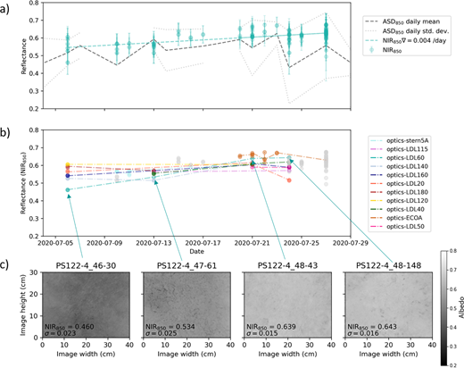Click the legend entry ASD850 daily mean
coord(402,20)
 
